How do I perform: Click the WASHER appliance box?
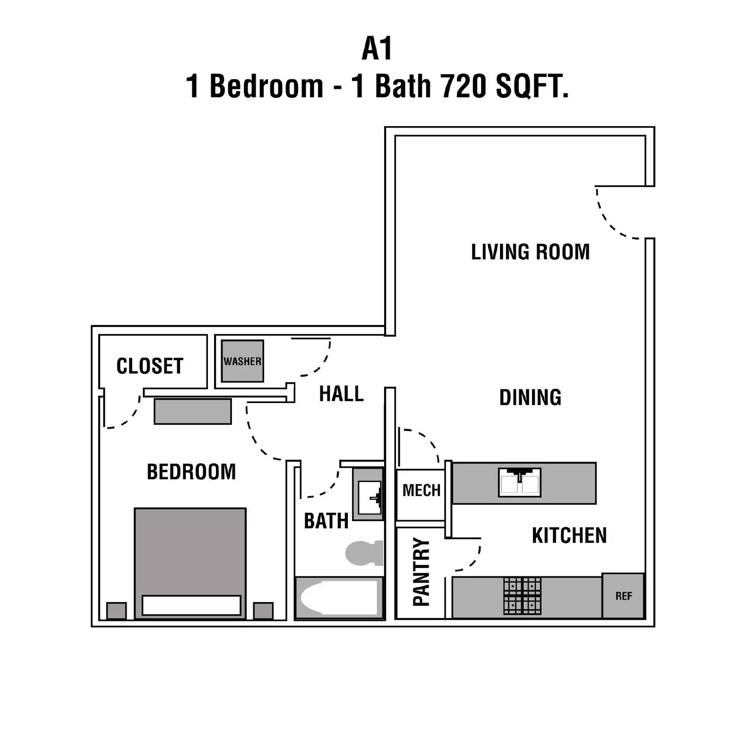click(x=242, y=361)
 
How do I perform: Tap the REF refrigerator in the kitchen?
click(x=623, y=596)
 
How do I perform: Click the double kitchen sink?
click(x=519, y=482)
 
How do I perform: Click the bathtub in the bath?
click(x=339, y=598)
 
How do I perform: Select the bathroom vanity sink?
click(x=369, y=497)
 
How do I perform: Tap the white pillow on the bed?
click(x=191, y=605)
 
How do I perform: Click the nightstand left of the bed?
click(x=116, y=610)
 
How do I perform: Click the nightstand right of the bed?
click(x=263, y=610)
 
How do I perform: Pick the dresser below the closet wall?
click(x=193, y=411)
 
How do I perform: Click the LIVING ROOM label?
click(x=530, y=252)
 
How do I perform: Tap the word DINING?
click(x=530, y=397)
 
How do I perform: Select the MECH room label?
click(x=421, y=490)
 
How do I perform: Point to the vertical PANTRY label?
click(x=421, y=572)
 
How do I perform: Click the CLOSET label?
click(x=150, y=366)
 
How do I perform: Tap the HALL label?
click(x=341, y=394)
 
